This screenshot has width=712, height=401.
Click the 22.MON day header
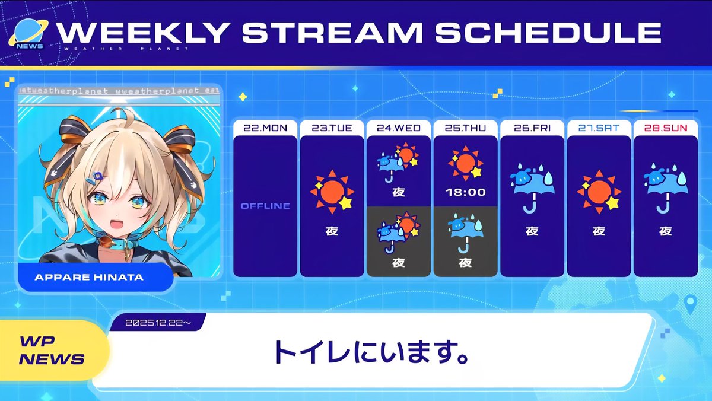(265, 128)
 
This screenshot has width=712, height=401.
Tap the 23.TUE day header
(332, 128)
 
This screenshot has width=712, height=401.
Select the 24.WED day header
(398, 128)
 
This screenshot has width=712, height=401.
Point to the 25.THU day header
(465, 128)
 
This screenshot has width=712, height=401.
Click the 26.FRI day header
(532, 128)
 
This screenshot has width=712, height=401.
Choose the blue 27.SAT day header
(599, 128)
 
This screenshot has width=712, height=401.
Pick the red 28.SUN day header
(665, 128)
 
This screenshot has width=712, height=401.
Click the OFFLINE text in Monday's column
(265, 206)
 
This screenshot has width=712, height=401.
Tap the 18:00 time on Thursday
(465, 192)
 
